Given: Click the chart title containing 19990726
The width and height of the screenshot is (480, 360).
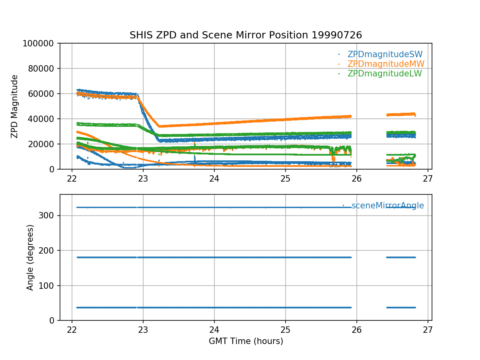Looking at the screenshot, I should point(246,35).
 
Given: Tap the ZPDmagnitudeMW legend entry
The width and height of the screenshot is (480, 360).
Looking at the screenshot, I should point(386,64).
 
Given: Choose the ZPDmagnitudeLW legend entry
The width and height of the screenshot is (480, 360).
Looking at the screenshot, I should point(384,74).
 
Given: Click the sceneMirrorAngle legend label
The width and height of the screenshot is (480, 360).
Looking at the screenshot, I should point(388,206).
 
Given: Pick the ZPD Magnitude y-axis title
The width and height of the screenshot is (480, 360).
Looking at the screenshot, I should point(15,106).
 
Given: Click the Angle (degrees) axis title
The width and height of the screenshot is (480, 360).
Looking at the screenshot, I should point(30,257).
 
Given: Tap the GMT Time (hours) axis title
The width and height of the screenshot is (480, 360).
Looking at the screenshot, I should point(246,341).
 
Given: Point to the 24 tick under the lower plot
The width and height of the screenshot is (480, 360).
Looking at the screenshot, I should point(214,329).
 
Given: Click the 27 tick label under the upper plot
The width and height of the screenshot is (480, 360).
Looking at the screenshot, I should point(428,178).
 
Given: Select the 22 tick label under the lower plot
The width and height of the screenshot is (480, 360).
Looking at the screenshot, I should point(72,329).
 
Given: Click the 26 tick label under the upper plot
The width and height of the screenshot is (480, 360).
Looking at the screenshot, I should point(357,178).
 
